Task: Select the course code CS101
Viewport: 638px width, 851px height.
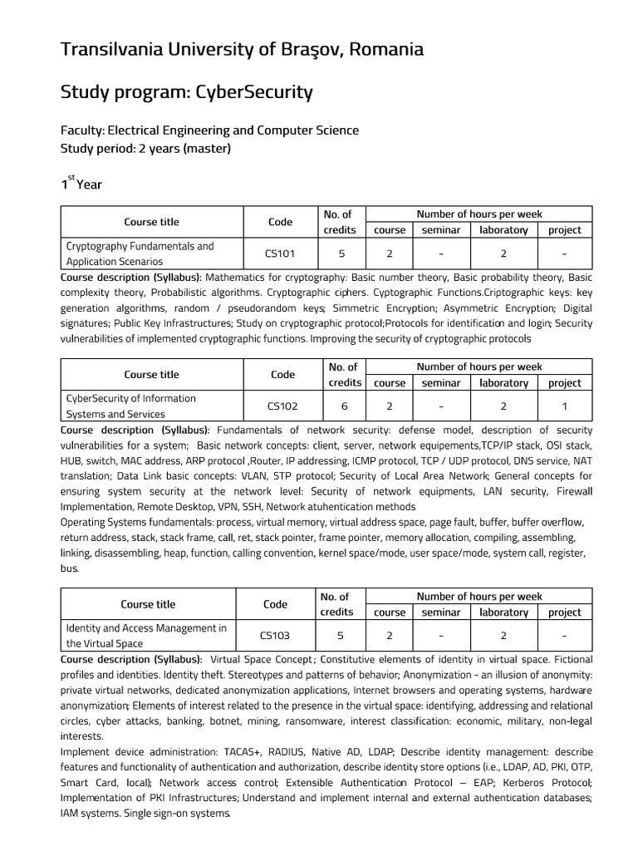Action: pyautogui.click(x=280, y=253)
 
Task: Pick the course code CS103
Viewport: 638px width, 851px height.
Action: pyautogui.click(x=275, y=636)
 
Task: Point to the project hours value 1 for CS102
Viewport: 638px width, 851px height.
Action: pyautogui.click(x=565, y=406)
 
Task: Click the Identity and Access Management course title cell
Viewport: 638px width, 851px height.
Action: pyautogui.click(x=146, y=636)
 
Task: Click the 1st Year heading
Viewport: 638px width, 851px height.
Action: pyautogui.click(x=81, y=184)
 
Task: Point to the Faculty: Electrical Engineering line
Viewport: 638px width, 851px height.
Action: pyautogui.click(x=209, y=130)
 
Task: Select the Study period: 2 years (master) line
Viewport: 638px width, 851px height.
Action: pyautogui.click(x=145, y=149)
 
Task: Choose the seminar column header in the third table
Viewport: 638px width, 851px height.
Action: pyautogui.click(x=441, y=612)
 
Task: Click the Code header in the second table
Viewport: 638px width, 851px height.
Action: pyautogui.click(x=282, y=375)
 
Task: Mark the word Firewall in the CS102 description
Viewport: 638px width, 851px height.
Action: pyautogui.click(x=572, y=491)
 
